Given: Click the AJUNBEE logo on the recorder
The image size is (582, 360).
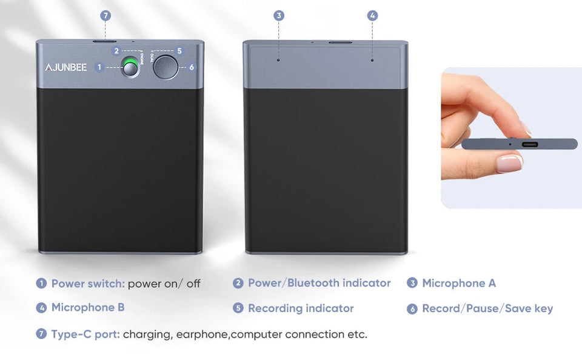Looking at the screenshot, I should coord(68,67).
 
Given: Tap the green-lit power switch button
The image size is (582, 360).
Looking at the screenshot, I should coord(130,67).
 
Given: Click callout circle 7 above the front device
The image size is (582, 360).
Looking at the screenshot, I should coord(105,16).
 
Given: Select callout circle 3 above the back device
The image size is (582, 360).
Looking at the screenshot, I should coord(279,16).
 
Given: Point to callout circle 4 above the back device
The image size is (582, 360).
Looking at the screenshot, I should coord(372,16).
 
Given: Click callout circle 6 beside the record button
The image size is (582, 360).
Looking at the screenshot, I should coord(192,67).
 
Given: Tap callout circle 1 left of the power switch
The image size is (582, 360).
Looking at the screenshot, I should coord(99,67).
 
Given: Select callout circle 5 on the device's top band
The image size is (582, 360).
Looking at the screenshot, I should coord(179,51).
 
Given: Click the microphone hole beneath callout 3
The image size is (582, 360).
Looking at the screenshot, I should coord(279,60).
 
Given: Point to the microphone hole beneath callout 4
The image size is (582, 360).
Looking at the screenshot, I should coord(372,60).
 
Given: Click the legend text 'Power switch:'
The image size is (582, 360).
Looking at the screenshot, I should coord(88,283).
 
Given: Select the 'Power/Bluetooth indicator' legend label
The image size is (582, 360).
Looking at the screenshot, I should coord(319,283).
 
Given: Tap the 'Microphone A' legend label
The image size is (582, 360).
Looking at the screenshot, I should coord(458,283).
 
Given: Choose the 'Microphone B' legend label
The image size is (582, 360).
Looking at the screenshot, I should coord(88,307).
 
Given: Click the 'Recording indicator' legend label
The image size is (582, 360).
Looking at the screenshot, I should coord(301,308).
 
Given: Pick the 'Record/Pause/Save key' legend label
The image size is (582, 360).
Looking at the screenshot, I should coord(487,308).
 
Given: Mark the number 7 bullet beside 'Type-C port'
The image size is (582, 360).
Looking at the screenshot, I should coord(41,334).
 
